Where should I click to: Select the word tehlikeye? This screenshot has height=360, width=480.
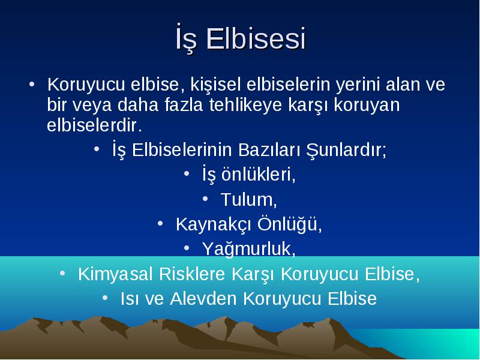click(245, 105)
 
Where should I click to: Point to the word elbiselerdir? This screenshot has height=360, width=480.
click(94, 125)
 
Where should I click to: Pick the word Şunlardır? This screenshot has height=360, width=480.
click(346, 151)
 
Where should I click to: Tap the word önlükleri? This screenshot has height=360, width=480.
click(259, 175)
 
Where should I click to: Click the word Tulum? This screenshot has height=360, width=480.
click(248, 200)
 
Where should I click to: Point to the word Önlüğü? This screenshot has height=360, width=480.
click(289, 224)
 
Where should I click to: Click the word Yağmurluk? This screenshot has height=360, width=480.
click(248, 249)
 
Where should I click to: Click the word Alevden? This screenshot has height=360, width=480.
click(203, 298)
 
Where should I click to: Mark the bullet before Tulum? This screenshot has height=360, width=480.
click(205, 199)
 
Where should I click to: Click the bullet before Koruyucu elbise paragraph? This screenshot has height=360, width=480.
click(32, 84)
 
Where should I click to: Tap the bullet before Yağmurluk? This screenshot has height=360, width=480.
click(187, 248)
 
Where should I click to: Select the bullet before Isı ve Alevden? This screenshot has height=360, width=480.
click(105, 298)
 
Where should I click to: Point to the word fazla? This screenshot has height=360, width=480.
click(184, 104)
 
